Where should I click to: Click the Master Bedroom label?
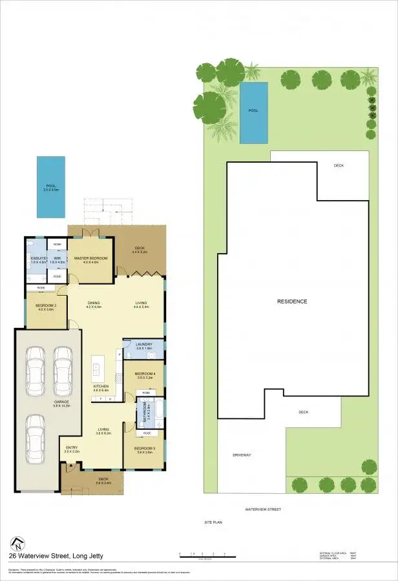tap(90, 259)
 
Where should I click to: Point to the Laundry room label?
tap(143, 345)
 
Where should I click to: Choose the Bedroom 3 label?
tap(143, 448)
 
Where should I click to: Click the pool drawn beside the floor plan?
tap(51, 187)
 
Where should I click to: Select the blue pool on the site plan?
tap(253, 113)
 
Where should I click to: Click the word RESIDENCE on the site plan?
tap(292, 301)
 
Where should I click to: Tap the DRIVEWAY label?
tap(242, 455)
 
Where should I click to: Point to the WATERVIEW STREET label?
tap(263, 509)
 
